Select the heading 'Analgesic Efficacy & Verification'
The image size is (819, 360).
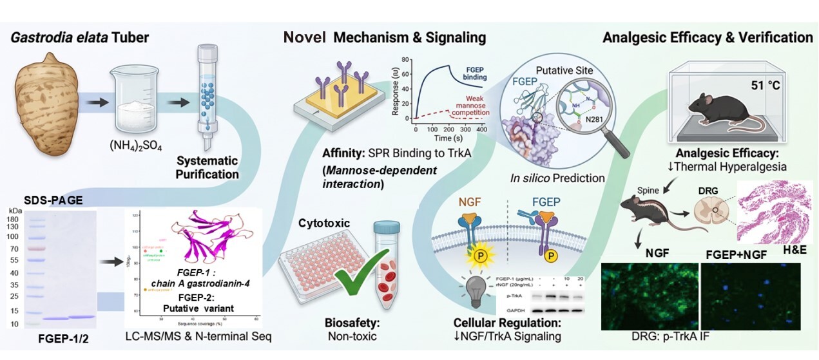[707, 37]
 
